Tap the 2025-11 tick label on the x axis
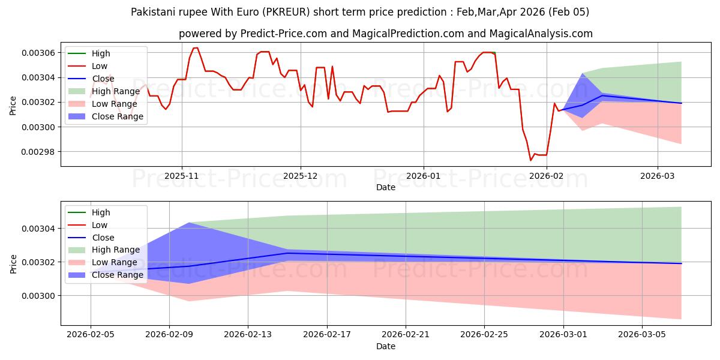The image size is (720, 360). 182,176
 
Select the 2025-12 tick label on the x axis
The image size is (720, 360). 301,176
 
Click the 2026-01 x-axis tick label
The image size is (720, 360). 424,176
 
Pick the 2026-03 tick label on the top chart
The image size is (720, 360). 658,176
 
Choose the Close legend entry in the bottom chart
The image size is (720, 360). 103,238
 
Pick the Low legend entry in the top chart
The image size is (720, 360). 100,66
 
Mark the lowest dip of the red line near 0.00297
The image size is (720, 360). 530,160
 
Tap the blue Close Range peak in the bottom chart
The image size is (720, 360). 189,223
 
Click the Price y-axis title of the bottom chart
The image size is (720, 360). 13,263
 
